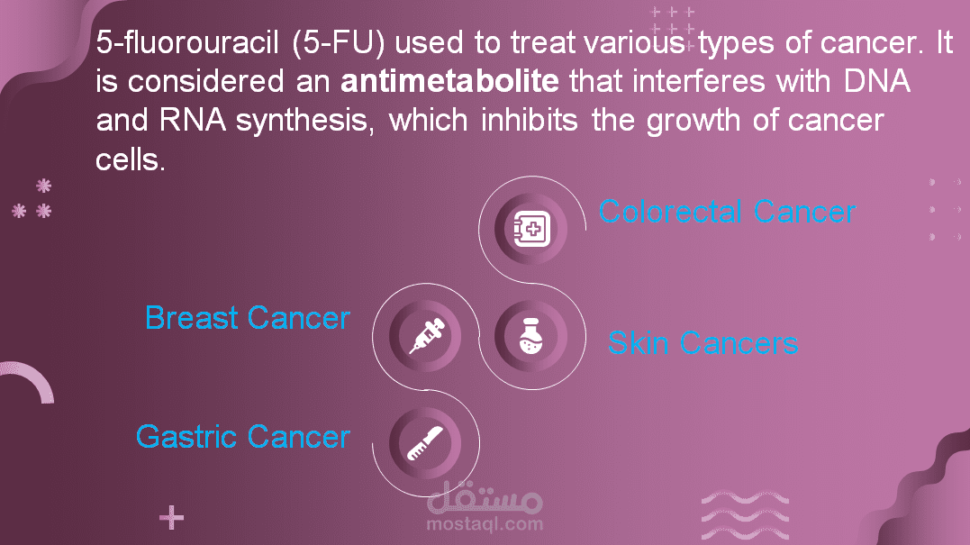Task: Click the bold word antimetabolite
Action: (x=449, y=82)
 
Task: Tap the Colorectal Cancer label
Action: (x=727, y=212)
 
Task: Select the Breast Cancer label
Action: (x=248, y=318)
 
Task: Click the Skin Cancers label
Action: (x=703, y=342)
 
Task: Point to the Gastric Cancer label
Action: (x=243, y=437)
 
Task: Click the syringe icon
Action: (x=427, y=336)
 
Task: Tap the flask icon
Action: (x=531, y=336)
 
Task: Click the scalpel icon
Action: (x=425, y=443)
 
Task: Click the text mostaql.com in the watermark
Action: (x=485, y=524)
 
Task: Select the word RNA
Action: (x=193, y=120)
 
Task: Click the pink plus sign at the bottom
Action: (x=171, y=518)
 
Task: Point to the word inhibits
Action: (x=529, y=120)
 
